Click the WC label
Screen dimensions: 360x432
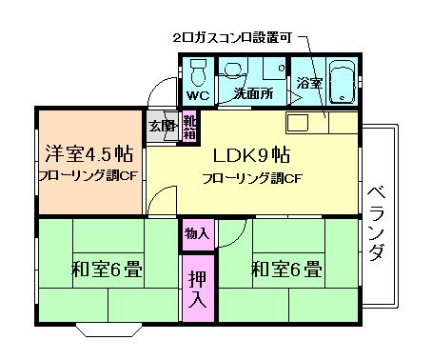point(198,96)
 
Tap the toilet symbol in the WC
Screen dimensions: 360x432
point(198,72)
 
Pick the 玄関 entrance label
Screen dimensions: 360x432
point(160,126)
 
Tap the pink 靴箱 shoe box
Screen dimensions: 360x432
point(189,127)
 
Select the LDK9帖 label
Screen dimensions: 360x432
point(251,154)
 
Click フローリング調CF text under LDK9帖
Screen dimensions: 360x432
point(251,178)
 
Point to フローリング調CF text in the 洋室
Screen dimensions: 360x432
point(88,177)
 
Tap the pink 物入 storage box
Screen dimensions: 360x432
point(196,233)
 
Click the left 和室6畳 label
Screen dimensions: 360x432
point(107,270)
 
